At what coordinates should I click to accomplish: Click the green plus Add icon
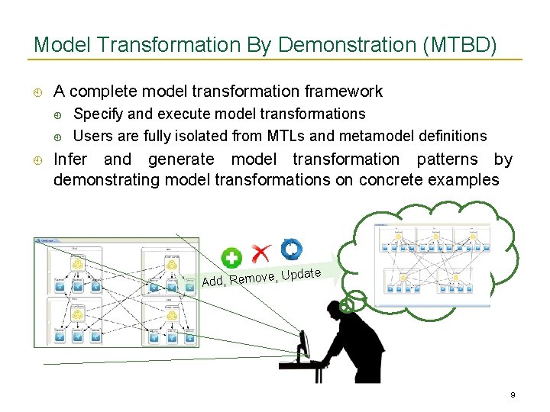coord(231,258)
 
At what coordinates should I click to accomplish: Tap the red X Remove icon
coord(261,253)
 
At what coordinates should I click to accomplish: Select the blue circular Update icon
coord(291,249)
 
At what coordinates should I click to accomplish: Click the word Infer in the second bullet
coord(70,159)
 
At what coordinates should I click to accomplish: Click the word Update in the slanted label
coord(300,272)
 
